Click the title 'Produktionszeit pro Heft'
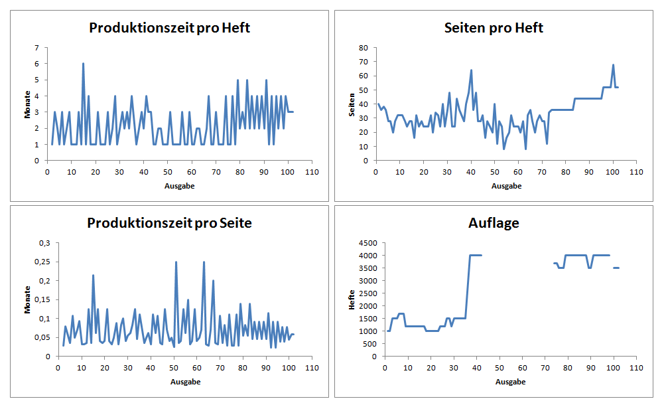[169, 28]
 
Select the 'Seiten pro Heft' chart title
[494, 28]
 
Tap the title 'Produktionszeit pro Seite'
[169, 223]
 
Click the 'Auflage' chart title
[494, 223]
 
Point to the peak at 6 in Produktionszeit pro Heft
[83, 64]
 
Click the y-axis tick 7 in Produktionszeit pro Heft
[37, 48]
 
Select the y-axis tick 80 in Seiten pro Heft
[363, 48]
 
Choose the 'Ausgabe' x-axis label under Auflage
[511, 382]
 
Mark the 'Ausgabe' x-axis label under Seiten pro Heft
[507, 186]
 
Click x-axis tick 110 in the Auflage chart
[637, 367]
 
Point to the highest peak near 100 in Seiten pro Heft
[613, 65]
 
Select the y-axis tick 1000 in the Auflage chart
[369, 331]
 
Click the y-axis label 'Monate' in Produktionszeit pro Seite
[28, 299]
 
